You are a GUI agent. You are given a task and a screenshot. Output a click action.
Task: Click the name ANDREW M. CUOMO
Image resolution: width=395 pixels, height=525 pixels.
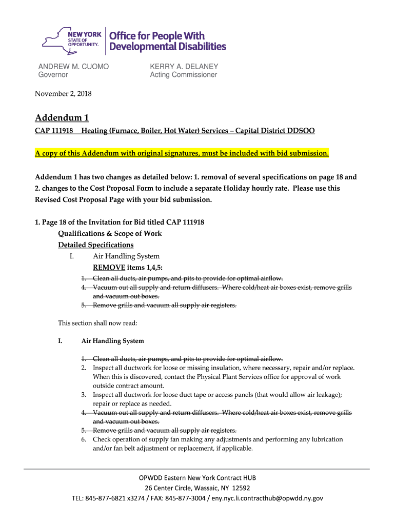click(74, 67)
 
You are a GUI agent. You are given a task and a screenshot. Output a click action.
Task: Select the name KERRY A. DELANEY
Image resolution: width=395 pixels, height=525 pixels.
click(184, 67)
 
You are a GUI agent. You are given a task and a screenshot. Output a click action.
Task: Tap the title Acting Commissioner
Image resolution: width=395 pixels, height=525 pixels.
click(183, 75)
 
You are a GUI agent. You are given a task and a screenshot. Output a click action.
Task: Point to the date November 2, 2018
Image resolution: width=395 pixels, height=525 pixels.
click(63, 93)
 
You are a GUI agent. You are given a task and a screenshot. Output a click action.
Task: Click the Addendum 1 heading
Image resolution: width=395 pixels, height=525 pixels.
click(62, 118)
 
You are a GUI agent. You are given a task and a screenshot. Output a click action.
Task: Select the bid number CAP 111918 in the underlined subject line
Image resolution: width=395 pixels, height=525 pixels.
click(53, 131)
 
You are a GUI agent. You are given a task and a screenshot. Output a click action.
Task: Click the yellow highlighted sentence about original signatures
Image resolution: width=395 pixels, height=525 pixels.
click(182, 154)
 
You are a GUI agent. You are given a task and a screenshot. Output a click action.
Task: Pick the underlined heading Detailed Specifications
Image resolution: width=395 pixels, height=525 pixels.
click(96, 245)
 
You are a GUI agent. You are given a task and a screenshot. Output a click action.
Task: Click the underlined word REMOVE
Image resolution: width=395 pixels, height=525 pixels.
click(109, 268)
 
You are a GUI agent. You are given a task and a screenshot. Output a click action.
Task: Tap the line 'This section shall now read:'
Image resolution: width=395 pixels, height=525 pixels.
click(97, 323)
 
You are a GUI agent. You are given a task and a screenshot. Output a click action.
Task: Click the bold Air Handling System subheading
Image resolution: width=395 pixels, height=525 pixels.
click(113, 341)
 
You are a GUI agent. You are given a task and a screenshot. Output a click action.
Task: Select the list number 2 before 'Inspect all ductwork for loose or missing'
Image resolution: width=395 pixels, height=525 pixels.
click(83, 368)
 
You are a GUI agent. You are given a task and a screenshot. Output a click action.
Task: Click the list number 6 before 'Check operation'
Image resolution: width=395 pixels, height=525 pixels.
click(83, 440)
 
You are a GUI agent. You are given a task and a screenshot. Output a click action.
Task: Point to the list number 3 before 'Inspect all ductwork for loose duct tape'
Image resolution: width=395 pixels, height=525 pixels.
click(83, 395)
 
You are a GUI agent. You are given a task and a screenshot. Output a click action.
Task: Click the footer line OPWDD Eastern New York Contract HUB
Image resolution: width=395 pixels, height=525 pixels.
click(197, 478)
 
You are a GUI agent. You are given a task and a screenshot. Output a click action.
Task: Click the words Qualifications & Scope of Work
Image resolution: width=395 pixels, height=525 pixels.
click(110, 234)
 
